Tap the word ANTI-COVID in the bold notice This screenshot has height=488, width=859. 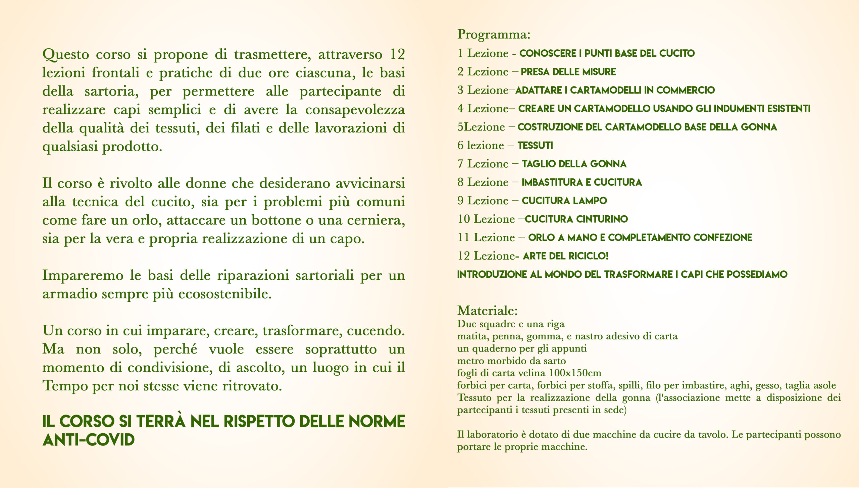[x=89, y=440]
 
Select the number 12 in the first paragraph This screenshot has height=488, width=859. [x=397, y=54]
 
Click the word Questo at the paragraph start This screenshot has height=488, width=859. [x=66, y=55]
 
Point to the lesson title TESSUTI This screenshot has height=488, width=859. [x=535, y=146]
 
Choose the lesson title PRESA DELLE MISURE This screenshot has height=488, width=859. [x=568, y=72]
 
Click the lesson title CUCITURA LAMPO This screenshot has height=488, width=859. [x=564, y=201]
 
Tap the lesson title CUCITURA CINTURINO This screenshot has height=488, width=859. [x=576, y=219]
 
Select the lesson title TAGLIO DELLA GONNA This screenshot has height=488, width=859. [x=574, y=164]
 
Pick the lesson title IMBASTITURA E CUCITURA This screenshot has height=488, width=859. [x=582, y=182]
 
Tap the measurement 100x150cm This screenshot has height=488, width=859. [x=575, y=373]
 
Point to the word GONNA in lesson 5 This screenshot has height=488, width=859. [x=759, y=127]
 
